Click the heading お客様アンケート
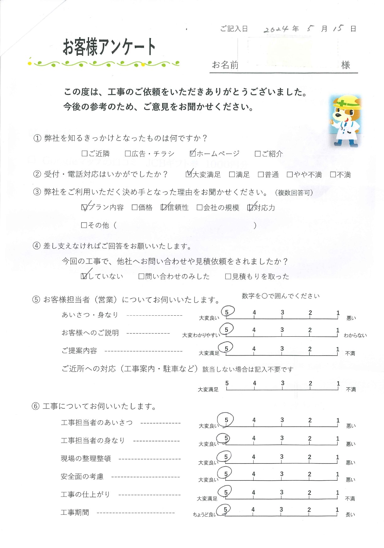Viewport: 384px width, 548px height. pyautogui.click(x=109, y=47)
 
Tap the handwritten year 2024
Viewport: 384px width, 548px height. pyautogui.click(x=276, y=29)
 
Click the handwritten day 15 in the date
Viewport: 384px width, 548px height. pyautogui.click(x=338, y=28)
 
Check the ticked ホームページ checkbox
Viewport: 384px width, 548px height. pyautogui.click(x=193, y=153)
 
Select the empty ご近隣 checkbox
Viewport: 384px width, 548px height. pyautogui.click(x=84, y=153)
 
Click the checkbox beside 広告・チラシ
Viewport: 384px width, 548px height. pyautogui.click(x=128, y=153)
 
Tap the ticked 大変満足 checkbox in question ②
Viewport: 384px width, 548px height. pyautogui.click(x=189, y=174)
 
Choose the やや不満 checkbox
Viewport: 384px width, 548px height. pyautogui.click(x=289, y=174)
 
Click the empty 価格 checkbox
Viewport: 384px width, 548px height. pyautogui.click(x=134, y=207)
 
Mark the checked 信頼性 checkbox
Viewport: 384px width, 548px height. pyautogui.click(x=163, y=207)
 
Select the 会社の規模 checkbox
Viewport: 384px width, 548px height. pyautogui.click(x=199, y=207)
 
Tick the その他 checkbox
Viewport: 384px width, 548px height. pyautogui.click(x=84, y=225)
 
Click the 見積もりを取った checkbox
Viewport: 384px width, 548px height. pyautogui.click(x=228, y=276)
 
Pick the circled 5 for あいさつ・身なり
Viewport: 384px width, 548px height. pyautogui.click(x=227, y=312)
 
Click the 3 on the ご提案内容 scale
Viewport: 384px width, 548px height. pyautogui.click(x=282, y=349)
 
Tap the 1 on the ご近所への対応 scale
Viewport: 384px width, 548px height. pyautogui.click(x=338, y=383)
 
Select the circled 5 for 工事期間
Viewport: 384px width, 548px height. pyautogui.click(x=225, y=509)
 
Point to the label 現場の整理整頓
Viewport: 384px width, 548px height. pyautogui.click(x=86, y=459)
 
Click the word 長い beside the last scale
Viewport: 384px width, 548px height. pyautogui.click(x=350, y=515)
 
